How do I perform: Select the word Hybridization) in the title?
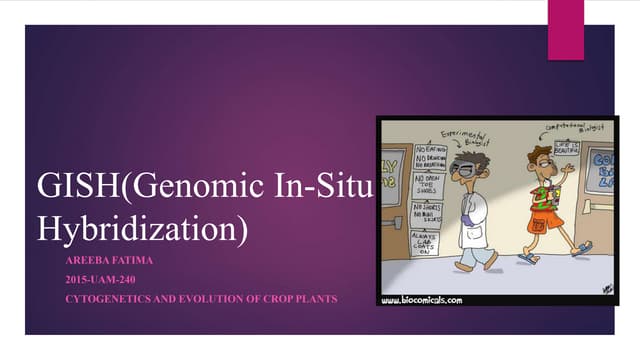pos(140,227)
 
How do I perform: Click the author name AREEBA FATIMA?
pos(98,261)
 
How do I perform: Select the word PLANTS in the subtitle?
pos(314,299)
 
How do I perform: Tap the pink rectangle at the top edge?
pos(565,28)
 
